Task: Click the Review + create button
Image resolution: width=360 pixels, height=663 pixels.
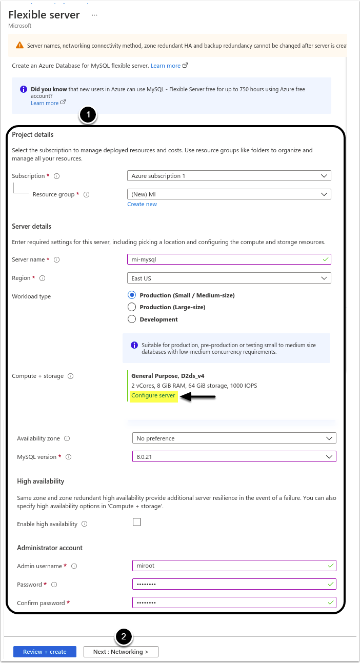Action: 45,652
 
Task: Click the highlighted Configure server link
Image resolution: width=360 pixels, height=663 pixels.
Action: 153,395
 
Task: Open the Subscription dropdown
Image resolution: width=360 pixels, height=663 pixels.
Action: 229,176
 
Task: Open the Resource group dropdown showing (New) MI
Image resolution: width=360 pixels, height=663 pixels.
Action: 229,194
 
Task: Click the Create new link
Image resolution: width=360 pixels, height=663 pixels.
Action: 142,204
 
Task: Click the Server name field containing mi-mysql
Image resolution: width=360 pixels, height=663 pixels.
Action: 229,259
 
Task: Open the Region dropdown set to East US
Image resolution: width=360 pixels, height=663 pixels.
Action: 229,278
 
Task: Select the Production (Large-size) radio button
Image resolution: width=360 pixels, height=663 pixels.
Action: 132,307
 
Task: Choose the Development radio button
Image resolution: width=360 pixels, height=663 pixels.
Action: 132,319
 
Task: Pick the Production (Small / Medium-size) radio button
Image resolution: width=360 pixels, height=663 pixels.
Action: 132,295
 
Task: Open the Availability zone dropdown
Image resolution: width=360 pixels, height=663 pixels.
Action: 234,438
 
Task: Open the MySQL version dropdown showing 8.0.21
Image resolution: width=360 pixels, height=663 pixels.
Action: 234,457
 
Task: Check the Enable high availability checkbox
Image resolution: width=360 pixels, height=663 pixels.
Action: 137,522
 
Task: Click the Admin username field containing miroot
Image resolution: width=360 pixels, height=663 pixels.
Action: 234,566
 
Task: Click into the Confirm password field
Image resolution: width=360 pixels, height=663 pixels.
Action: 234,602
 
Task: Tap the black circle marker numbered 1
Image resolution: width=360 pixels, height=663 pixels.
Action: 89,115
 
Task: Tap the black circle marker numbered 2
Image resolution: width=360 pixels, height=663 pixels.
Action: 124,637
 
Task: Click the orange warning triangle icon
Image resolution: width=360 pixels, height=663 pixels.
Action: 19,45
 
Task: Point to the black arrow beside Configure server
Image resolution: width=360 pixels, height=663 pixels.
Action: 199,396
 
